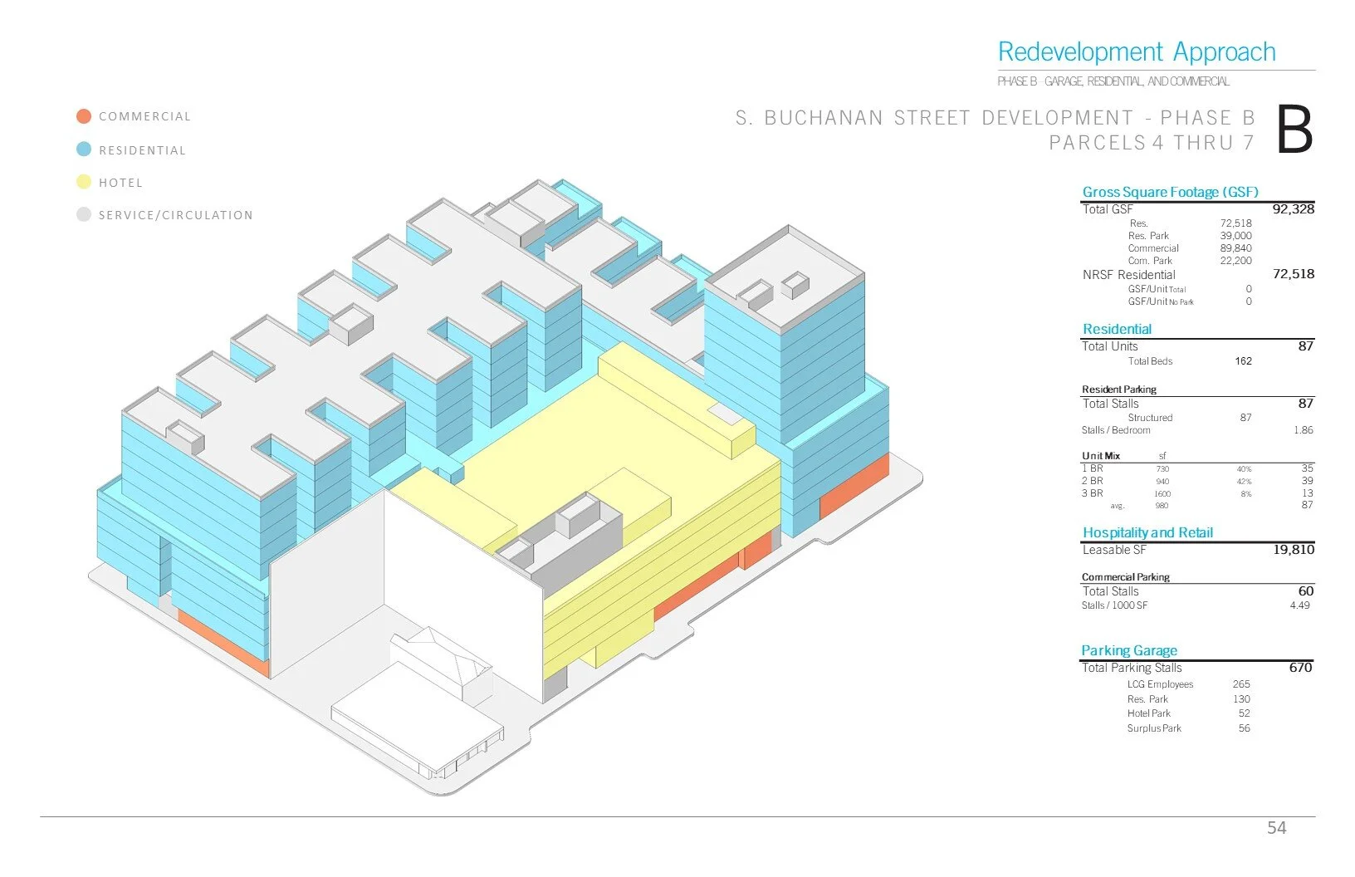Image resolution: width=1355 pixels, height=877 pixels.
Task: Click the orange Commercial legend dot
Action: (x=84, y=116)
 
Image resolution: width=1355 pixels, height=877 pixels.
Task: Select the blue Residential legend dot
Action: (x=84, y=149)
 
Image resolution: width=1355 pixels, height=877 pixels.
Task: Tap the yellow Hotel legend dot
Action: (x=84, y=182)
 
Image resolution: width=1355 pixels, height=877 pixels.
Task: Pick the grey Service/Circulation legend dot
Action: (x=84, y=214)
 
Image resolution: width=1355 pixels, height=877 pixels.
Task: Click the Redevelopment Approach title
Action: (x=1136, y=52)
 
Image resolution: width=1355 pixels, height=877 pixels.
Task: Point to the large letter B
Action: (x=1294, y=130)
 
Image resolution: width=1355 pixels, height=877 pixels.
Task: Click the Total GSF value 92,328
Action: (x=1293, y=209)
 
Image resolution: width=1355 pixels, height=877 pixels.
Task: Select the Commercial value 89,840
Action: (x=1235, y=248)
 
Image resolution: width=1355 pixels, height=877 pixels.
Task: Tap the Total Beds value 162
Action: (x=1243, y=361)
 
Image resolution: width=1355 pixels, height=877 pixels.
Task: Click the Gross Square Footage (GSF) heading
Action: (x=1170, y=192)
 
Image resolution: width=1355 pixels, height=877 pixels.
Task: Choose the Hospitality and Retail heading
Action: (x=1147, y=532)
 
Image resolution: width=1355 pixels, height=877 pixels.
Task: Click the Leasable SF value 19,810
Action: (x=1293, y=550)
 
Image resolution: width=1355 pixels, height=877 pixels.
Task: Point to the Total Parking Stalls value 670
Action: (x=1300, y=668)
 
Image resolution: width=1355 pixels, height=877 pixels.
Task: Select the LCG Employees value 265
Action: (x=1241, y=684)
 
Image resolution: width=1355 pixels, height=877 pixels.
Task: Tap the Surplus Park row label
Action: (x=1153, y=728)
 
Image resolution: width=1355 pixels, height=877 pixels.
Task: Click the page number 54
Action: (x=1276, y=827)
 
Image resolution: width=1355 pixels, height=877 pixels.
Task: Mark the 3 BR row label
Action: (x=1093, y=493)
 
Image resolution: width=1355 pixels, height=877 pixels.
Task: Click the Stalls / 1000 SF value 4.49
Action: (x=1299, y=605)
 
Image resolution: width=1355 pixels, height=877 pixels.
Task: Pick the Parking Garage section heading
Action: (x=1128, y=650)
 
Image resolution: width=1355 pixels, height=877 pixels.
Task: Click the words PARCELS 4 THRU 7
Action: (x=1151, y=143)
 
